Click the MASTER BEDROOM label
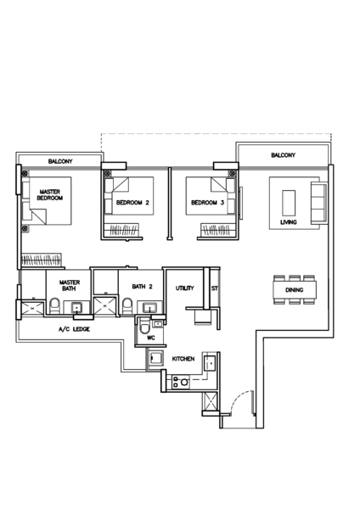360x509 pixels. tap(50, 195)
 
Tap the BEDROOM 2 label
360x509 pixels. tap(132, 203)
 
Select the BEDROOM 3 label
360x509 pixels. tap(208, 203)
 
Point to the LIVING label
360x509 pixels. tap(288, 222)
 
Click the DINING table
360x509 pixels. tap(295, 290)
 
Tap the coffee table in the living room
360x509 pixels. tap(289, 203)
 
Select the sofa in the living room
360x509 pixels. tap(318, 203)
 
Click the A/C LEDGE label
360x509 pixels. tap(74, 329)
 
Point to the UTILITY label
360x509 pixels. tap(184, 288)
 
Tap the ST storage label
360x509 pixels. tap(215, 288)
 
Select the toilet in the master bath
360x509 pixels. tap(54, 306)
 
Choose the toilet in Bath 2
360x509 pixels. tap(127, 306)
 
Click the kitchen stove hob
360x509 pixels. tap(181, 382)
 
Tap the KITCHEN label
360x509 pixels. tap(183, 359)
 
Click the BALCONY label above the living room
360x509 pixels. tap(284, 155)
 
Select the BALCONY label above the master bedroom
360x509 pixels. tap(60, 161)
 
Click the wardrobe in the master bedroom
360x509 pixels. tap(42, 260)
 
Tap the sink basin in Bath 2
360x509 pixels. tap(149, 307)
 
